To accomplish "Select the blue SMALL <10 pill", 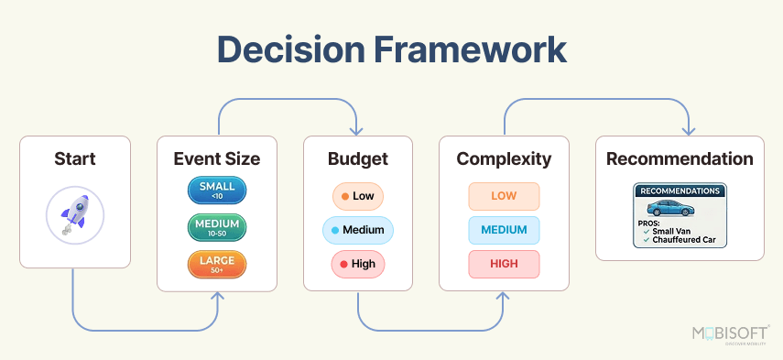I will click(217, 191).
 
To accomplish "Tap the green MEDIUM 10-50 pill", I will click(217, 227).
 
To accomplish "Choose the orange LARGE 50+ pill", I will click(217, 265).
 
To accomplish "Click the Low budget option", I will click(357, 196).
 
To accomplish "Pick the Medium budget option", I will click(357, 230).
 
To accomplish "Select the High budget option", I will click(357, 264).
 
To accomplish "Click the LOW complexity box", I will click(504, 196).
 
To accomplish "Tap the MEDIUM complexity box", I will click(504, 230).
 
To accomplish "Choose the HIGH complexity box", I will click(504, 264).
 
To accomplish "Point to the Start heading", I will click(75, 158).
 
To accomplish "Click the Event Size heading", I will click(217, 158).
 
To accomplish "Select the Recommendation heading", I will click(680, 158).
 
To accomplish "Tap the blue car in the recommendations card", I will click(680, 209).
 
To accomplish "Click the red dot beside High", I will click(343, 264).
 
